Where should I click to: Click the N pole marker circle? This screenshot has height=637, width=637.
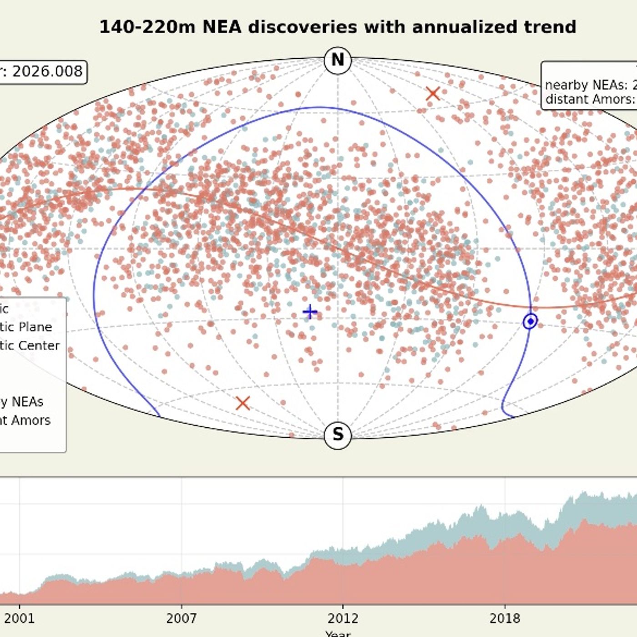(x=338, y=60)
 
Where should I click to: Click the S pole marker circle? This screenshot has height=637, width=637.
(x=338, y=435)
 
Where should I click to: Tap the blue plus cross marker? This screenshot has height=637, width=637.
(x=310, y=312)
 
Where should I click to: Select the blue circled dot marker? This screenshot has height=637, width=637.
(x=530, y=321)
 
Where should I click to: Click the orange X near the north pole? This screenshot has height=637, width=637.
(x=433, y=94)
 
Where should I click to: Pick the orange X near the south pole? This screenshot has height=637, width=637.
(x=243, y=403)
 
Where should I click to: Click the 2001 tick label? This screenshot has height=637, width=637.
(x=19, y=618)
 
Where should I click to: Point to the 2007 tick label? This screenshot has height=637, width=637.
(x=182, y=618)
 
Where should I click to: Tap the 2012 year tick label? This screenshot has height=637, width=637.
(x=343, y=618)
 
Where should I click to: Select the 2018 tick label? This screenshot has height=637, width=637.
(x=505, y=618)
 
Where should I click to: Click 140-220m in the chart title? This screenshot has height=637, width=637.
(x=147, y=27)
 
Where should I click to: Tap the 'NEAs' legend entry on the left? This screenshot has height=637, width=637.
(x=27, y=402)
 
